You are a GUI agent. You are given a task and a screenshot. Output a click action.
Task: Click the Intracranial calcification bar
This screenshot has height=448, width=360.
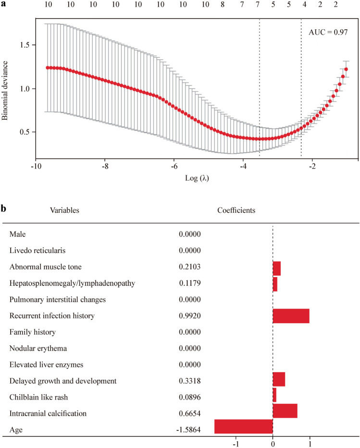pyautogui.click(x=285, y=413)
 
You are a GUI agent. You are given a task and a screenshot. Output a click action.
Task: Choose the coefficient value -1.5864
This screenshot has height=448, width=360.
pyautogui.click(x=188, y=430)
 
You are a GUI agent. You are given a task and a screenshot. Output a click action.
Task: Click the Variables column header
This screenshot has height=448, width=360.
pyautogui.click(x=66, y=210)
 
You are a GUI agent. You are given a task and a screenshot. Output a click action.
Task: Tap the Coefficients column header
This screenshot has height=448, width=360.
pyautogui.click(x=236, y=210)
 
